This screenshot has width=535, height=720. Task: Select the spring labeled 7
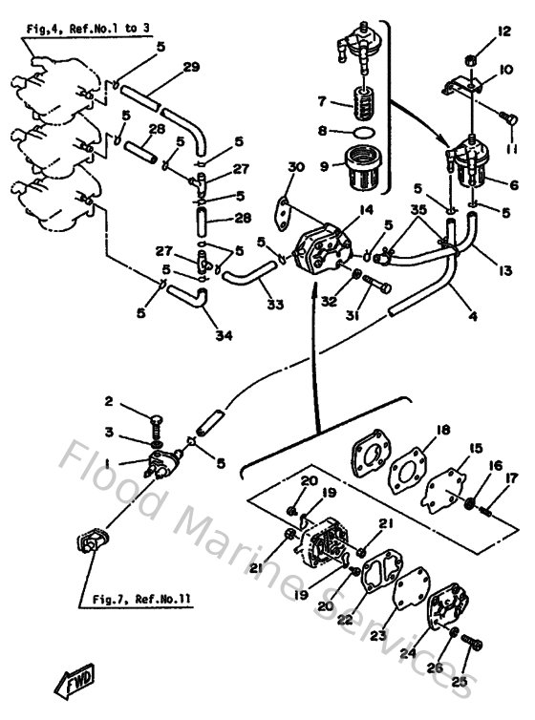coord(362,100)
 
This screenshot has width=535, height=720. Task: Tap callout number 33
coord(275,306)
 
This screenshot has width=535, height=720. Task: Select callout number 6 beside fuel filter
coord(514,184)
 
